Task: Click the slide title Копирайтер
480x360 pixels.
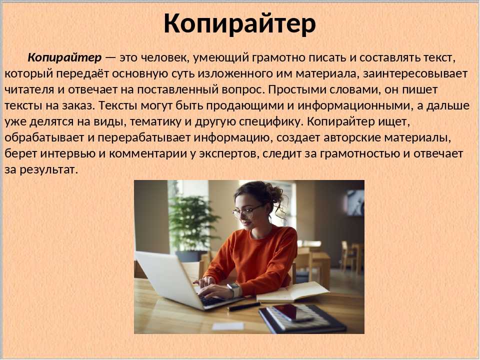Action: (x=239, y=24)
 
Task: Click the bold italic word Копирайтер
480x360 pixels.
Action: (x=64, y=57)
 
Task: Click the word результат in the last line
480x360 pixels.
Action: (x=48, y=169)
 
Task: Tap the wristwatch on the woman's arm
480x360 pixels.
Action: (x=234, y=289)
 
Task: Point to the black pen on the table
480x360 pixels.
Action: (x=244, y=306)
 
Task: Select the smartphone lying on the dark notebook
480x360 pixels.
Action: (x=292, y=312)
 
